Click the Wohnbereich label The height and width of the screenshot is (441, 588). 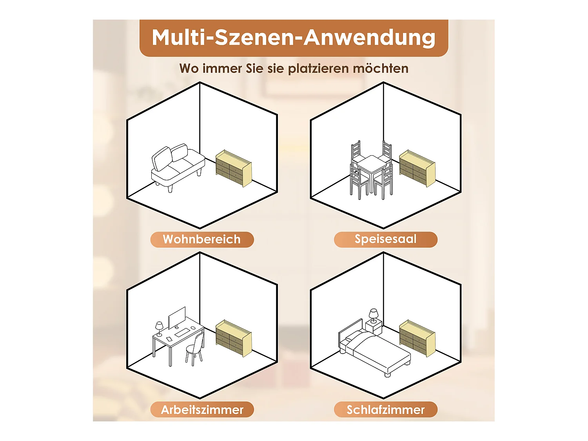[x=202, y=240]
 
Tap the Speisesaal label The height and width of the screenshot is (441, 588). [x=385, y=240]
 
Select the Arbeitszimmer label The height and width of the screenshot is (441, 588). [x=202, y=410]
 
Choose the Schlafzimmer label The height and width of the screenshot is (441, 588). [x=385, y=410]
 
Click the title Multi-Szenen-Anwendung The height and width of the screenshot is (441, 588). [x=294, y=38]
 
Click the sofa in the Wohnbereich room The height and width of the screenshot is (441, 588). [x=178, y=168]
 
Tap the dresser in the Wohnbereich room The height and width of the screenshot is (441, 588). [x=234, y=168]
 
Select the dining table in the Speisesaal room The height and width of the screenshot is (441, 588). [x=372, y=171]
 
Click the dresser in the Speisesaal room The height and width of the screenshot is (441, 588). [x=417, y=168]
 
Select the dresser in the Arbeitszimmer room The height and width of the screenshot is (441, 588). [x=234, y=338]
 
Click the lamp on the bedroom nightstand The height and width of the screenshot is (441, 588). [x=373, y=316]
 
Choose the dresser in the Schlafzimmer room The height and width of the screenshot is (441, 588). [x=417, y=338]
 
